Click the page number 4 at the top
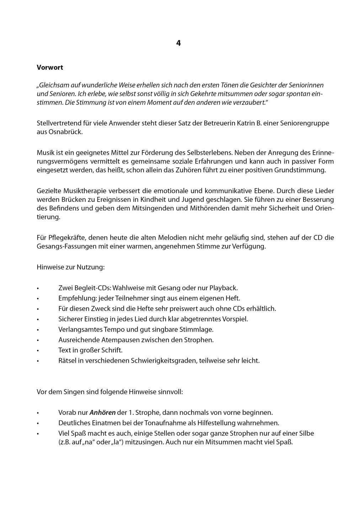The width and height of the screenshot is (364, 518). [x=178, y=43]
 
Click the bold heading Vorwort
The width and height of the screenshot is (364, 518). [x=50, y=67]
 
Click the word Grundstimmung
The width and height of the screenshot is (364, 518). [x=300, y=170]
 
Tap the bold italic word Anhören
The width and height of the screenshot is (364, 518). [x=102, y=413]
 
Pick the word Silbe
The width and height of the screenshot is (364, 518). [x=306, y=433]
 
